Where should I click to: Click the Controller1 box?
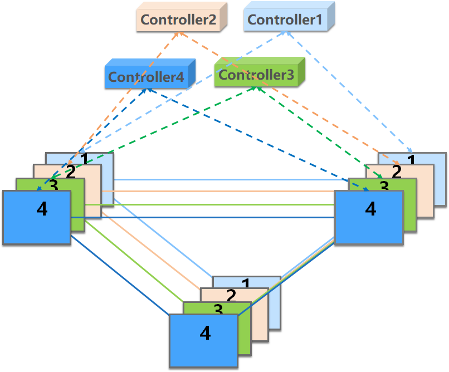pyautogui.click(x=285, y=20)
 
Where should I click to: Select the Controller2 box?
pyautogui.click(x=178, y=20)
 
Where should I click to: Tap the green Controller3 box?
pyautogui.click(x=256, y=75)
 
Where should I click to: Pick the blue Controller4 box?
pyautogui.click(x=146, y=77)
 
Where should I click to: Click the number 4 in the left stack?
pyautogui.click(x=41, y=209)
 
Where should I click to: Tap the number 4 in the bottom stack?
pyautogui.click(x=205, y=333)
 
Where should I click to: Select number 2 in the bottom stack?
pyautogui.click(x=231, y=296)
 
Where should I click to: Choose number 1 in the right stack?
pyautogui.click(x=411, y=160)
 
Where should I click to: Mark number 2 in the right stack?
pyautogui.click(x=397, y=171)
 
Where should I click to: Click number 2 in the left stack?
pyautogui.click(x=70, y=171)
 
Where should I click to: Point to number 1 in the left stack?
pyautogui.click(x=84, y=160)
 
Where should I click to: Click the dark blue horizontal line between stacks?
pyautogui.click(x=201, y=218)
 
